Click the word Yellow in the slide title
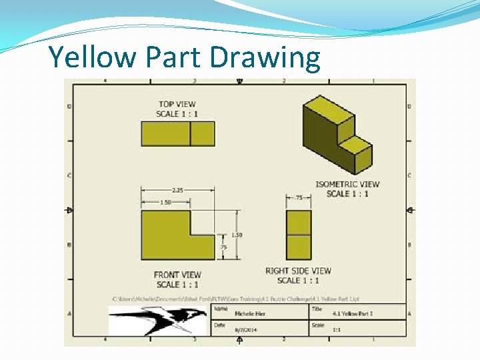[x=88, y=58]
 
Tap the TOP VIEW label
[x=177, y=104]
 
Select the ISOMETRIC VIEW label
[x=347, y=184]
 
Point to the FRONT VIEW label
[x=177, y=275]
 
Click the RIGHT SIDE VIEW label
[x=298, y=271]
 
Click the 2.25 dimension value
[x=177, y=189]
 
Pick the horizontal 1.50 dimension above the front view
[x=165, y=202]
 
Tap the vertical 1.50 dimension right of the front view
[x=237, y=235]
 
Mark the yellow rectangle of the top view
[x=178, y=133]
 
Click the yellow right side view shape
[x=299, y=235]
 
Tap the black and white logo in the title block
[x=157, y=320]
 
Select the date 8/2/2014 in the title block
[x=246, y=330]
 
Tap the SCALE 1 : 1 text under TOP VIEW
[x=177, y=114]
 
